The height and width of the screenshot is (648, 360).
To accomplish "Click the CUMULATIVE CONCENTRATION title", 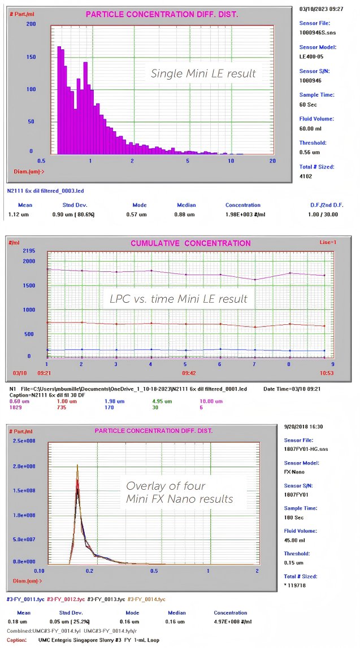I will point(190,243).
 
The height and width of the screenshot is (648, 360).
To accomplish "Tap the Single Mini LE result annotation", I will point(203,73).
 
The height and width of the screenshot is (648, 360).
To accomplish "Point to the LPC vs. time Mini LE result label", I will point(179,299).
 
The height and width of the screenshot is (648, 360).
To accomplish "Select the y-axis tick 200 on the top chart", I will point(31,24).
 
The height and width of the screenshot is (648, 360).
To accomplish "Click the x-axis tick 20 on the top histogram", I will point(273,161).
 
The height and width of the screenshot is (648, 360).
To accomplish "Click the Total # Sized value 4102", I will point(306,176).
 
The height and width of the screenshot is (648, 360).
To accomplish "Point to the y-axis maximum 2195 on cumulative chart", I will point(29,250).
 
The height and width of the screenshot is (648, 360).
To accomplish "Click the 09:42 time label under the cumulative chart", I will point(189,373).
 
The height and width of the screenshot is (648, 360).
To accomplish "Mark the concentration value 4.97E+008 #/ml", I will point(230,622).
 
